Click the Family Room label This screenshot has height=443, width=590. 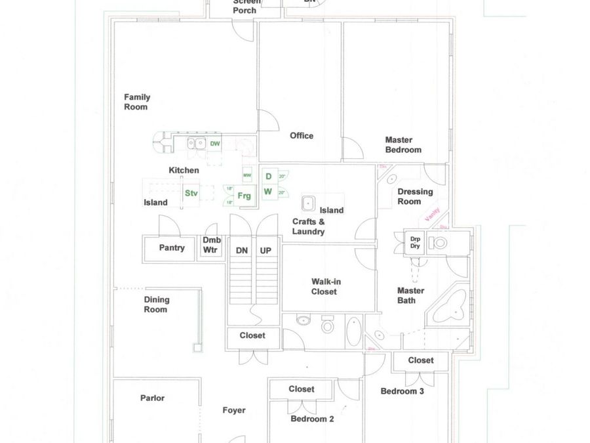[x=136, y=102]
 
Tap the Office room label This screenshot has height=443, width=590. [x=302, y=136]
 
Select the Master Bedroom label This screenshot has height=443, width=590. [x=403, y=144]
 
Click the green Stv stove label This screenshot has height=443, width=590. [x=191, y=193]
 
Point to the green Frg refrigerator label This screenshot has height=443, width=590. [x=244, y=196]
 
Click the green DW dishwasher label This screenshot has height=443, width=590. [x=215, y=143]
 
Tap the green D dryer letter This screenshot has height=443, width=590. [x=267, y=177]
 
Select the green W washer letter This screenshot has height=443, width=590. [x=267, y=192]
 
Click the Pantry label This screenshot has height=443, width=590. [x=172, y=248]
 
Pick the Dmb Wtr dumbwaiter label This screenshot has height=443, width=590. [x=211, y=245]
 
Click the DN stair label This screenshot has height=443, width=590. [x=242, y=251]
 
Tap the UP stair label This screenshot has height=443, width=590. [x=265, y=251]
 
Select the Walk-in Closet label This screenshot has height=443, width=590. [x=326, y=286]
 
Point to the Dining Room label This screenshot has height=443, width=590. [x=156, y=305]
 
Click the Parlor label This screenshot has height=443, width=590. [x=152, y=398]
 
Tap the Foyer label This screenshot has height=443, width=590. [x=234, y=410]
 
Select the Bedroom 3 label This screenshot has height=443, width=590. [x=403, y=391]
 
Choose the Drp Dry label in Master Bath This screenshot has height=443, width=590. [x=415, y=242]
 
